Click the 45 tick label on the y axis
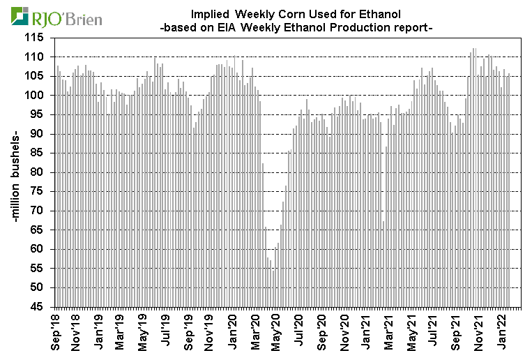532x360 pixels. pyautogui.click(x=40, y=306)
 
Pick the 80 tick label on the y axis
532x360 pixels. pyautogui.click(x=40, y=172)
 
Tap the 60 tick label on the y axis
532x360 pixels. pyautogui.click(x=40, y=249)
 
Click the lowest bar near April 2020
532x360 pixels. pyautogui.click(x=273, y=285)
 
